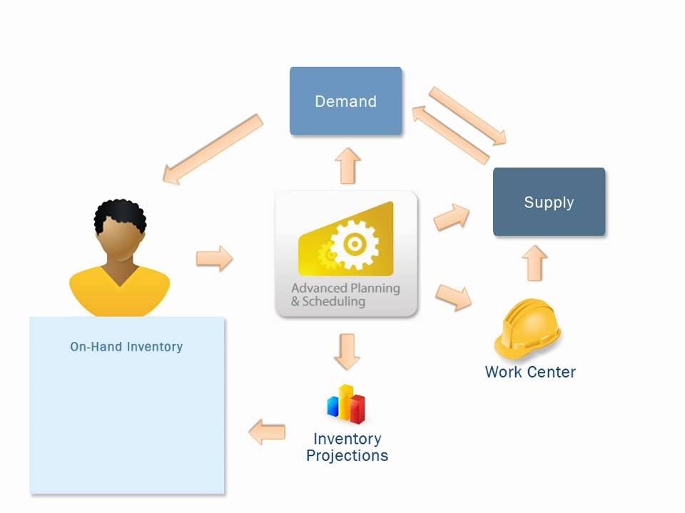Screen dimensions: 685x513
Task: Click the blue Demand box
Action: click(x=345, y=101)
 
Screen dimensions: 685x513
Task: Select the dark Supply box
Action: click(x=549, y=202)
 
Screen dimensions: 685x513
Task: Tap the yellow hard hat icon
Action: click(x=528, y=328)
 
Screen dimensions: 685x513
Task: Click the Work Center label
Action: click(x=530, y=371)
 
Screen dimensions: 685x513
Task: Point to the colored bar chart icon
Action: click(x=347, y=404)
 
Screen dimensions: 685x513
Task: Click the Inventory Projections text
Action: click(x=347, y=447)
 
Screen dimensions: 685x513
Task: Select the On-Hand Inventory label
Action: click(x=126, y=347)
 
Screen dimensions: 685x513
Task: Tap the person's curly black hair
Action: click(x=120, y=214)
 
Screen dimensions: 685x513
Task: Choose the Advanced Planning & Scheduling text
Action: click(x=345, y=295)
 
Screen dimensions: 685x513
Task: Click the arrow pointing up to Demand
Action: click(x=347, y=165)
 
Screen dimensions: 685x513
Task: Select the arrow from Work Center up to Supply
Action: click(x=534, y=263)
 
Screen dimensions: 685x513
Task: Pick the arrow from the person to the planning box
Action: click(x=215, y=258)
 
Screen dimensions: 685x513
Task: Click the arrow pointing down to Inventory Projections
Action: click(x=347, y=351)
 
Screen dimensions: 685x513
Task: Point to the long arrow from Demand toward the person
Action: click(x=212, y=148)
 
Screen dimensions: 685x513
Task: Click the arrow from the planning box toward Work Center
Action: click(x=454, y=296)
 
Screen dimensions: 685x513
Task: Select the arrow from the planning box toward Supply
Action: click(x=452, y=216)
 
